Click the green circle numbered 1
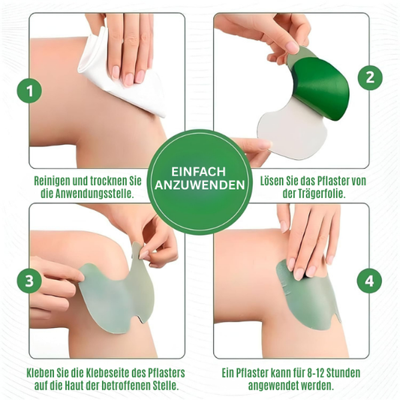tap(29, 91)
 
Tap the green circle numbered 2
tap(370, 77)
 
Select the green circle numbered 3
tap(29, 281)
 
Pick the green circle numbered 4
tap(369, 281)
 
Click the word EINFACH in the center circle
tap(198, 172)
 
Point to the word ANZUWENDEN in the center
tap(200, 185)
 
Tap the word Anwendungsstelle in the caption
tap(93, 194)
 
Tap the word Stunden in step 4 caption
tap(344, 373)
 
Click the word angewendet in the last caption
tap(273, 386)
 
